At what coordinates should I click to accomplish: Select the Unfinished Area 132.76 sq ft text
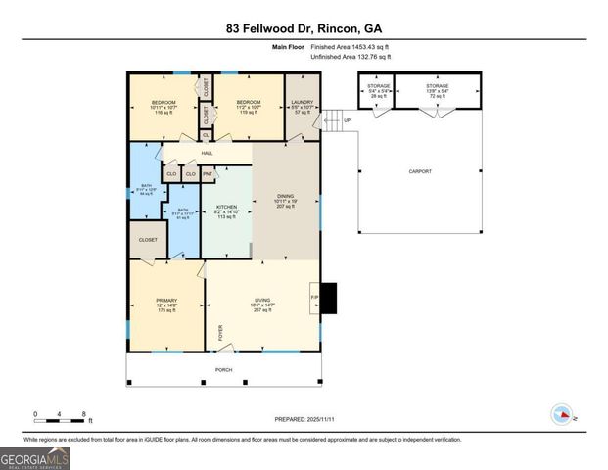[350, 57]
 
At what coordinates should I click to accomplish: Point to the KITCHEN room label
[227, 208]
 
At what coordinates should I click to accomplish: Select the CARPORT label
[419, 171]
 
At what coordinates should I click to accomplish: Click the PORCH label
[224, 369]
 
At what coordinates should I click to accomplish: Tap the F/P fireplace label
[315, 296]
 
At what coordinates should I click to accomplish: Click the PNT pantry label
[209, 174]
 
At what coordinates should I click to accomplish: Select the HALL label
[208, 153]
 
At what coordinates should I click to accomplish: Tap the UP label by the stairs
[346, 120]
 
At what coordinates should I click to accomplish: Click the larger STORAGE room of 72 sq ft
[438, 92]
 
